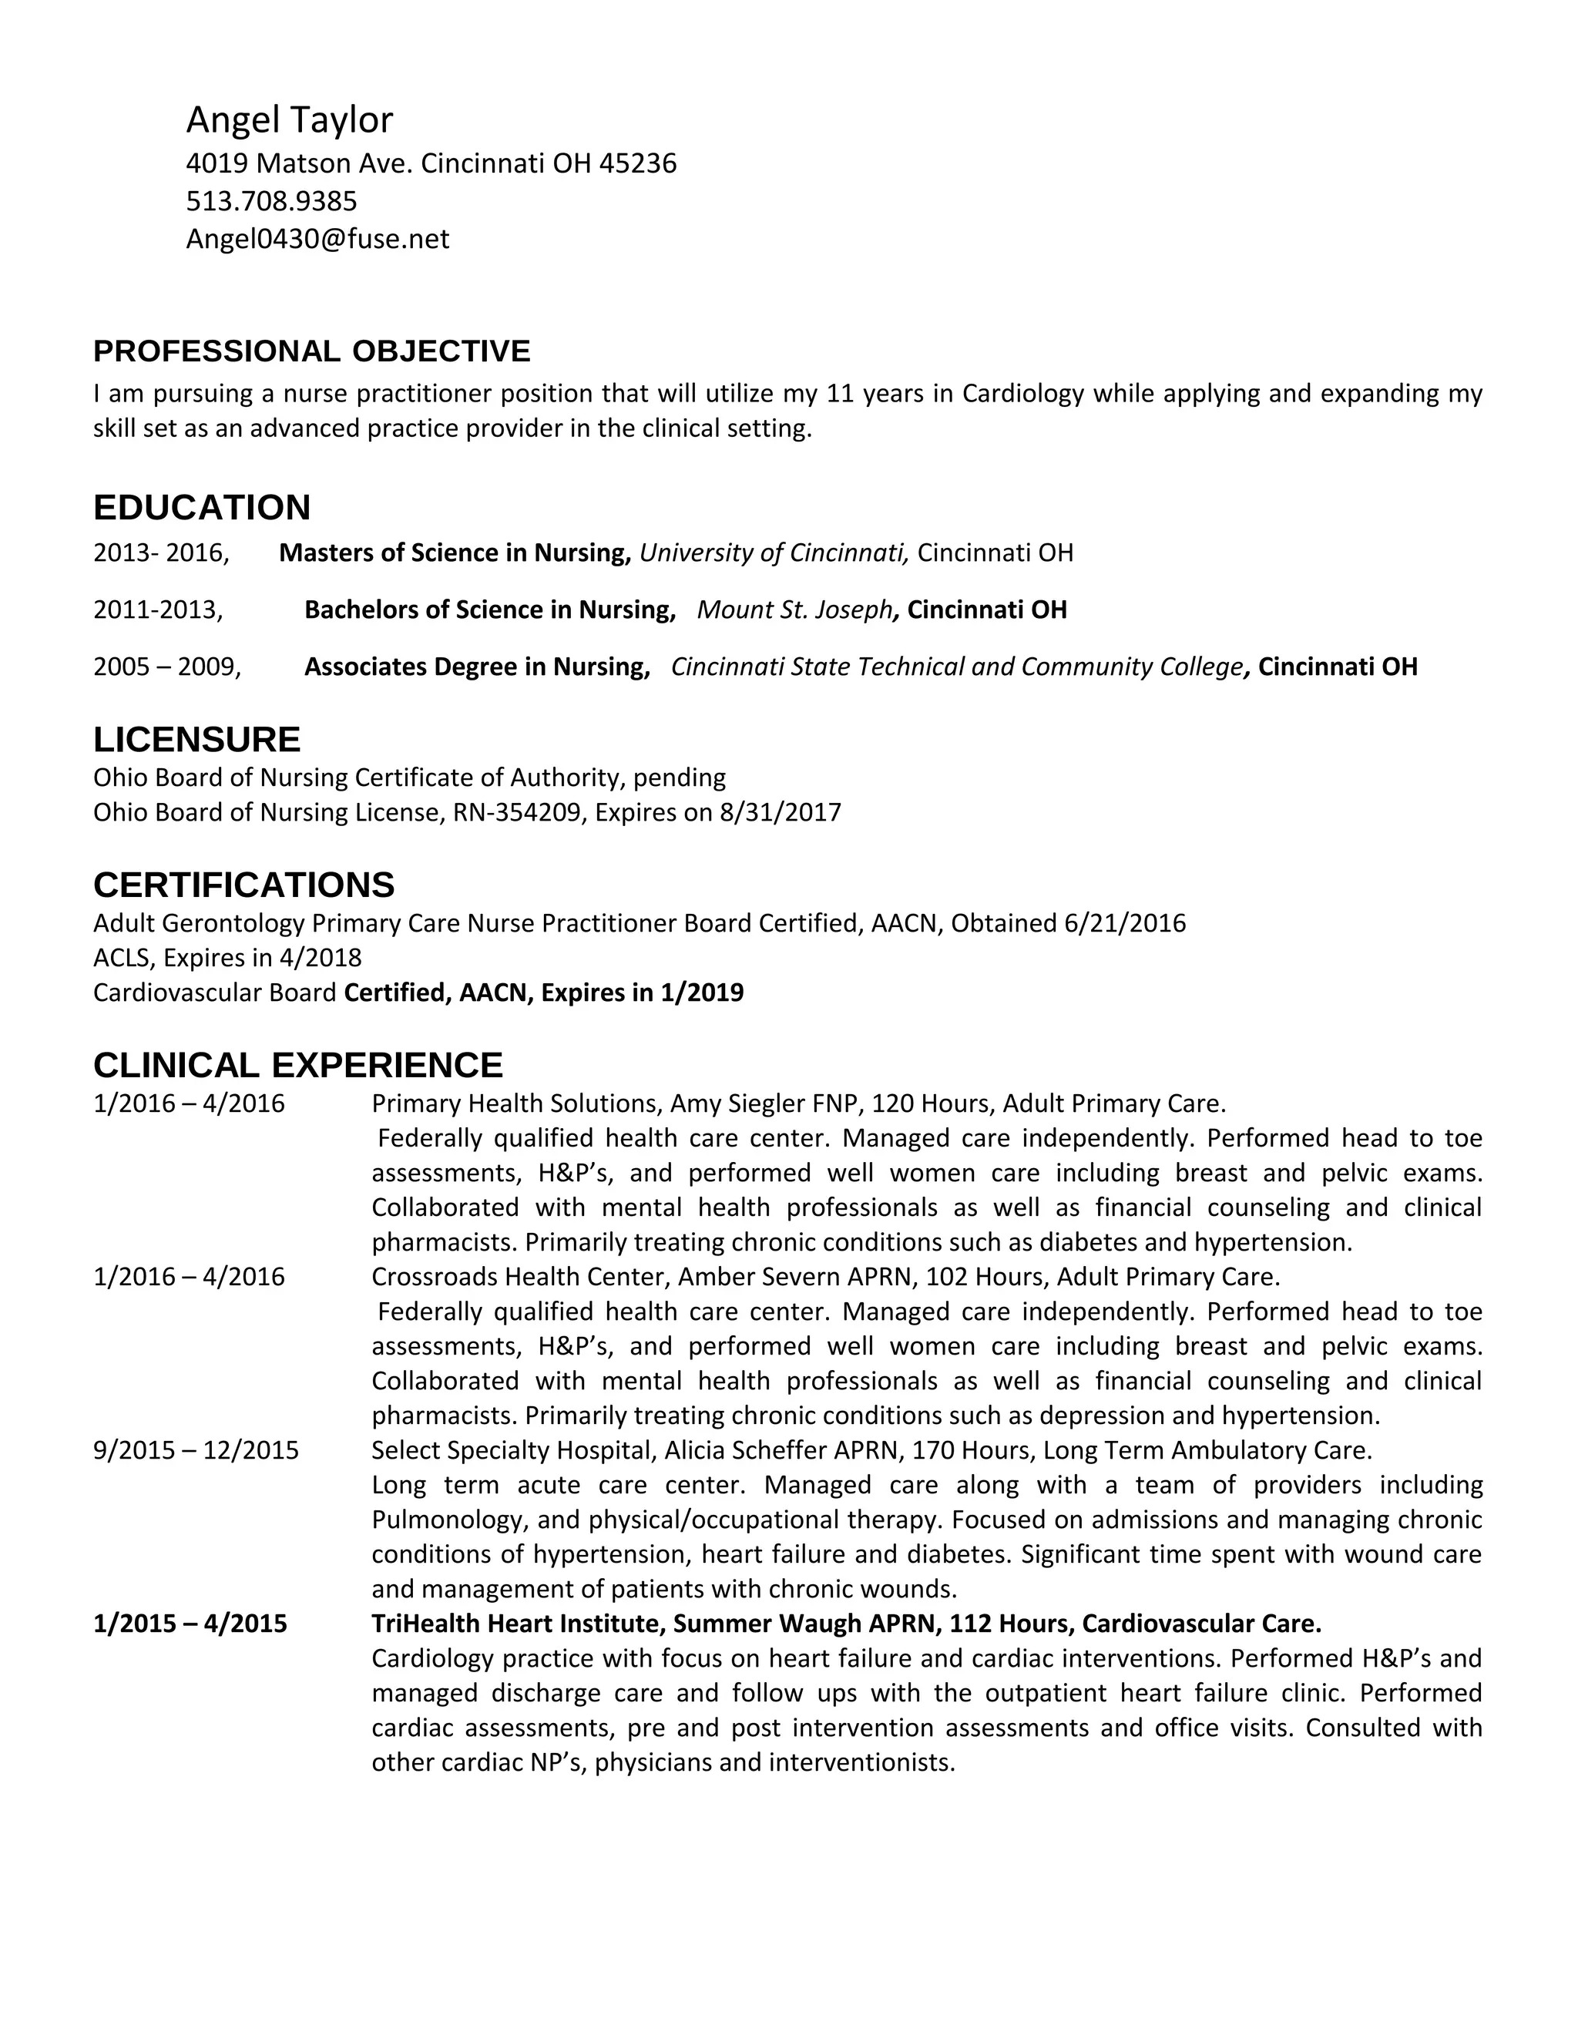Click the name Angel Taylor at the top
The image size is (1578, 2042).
(x=289, y=119)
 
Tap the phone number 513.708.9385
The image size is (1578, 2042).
(x=271, y=201)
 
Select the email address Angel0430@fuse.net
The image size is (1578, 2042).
(x=317, y=240)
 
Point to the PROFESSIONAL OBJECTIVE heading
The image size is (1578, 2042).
(x=311, y=351)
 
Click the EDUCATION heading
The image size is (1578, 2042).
(x=202, y=508)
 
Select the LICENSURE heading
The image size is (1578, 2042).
(x=196, y=740)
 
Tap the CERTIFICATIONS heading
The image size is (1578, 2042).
(x=244, y=885)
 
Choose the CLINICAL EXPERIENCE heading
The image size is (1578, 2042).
(x=297, y=1065)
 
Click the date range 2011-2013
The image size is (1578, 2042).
(x=157, y=610)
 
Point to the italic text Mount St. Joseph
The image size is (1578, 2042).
(x=794, y=610)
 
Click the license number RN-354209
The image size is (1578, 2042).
(x=516, y=812)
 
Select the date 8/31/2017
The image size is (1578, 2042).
(x=780, y=812)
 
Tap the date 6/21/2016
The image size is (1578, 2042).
(x=1125, y=924)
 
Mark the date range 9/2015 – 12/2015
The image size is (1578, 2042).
(x=196, y=1450)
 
